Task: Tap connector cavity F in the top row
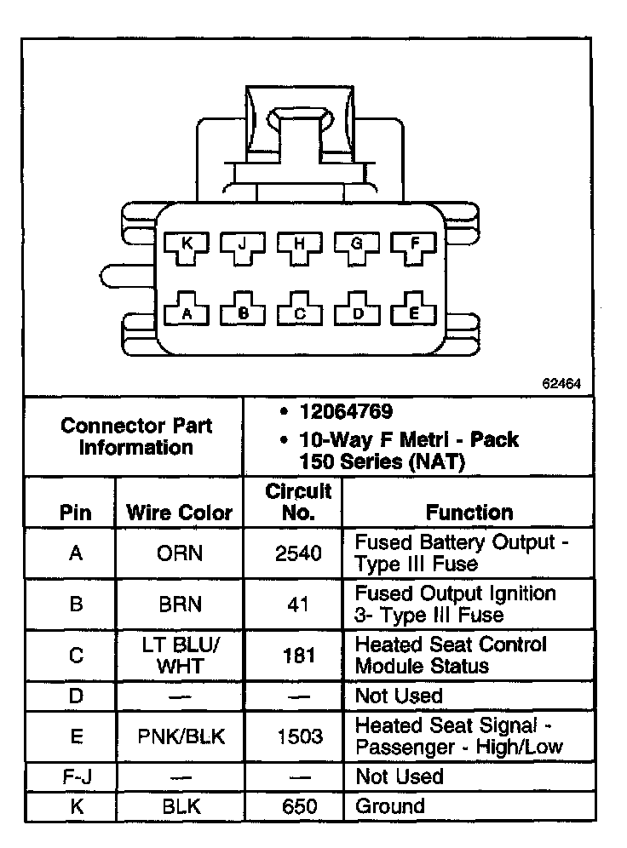pyautogui.click(x=415, y=245)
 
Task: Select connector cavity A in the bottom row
pyautogui.click(x=187, y=312)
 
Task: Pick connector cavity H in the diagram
pyautogui.click(x=299, y=245)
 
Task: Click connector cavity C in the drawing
pyautogui.click(x=300, y=312)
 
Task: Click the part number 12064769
pyautogui.click(x=345, y=412)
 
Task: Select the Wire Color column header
pyautogui.click(x=179, y=513)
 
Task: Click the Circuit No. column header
pyautogui.click(x=298, y=502)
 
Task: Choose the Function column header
pyautogui.click(x=469, y=513)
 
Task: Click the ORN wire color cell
pyautogui.click(x=180, y=553)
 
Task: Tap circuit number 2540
pyautogui.click(x=299, y=553)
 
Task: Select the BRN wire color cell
pyautogui.click(x=180, y=604)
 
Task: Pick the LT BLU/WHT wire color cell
pyautogui.click(x=180, y=656)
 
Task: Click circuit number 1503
pyautogui.click(x=299, y=736)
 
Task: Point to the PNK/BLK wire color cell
pyautogui.click(x=181, y=736)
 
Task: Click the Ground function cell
pyautogui.click(x=389, y=805)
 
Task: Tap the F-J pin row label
pyautogui.click(x=76, y=776)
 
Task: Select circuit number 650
pyautogui.click(x=299, y=805)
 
